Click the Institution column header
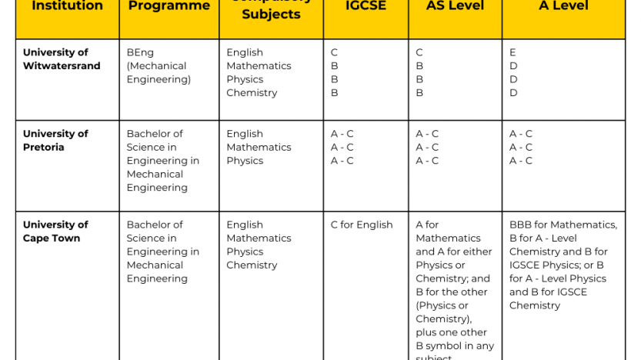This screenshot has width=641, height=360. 67,6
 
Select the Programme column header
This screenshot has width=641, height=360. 169,6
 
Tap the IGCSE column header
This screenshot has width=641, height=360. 366,6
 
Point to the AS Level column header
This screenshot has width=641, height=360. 455,6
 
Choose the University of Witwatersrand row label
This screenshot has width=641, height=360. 62,59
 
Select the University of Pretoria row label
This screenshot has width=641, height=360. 55,140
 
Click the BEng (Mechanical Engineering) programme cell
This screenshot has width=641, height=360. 159,65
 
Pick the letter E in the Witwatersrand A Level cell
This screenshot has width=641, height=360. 513,52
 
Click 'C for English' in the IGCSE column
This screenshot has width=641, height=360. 362,225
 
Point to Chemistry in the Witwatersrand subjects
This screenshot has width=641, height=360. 252,93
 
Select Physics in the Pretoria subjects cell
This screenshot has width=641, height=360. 245,161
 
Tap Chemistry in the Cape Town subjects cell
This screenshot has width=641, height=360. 252,265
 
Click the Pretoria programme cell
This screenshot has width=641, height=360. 162,161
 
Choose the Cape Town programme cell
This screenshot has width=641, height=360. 162,252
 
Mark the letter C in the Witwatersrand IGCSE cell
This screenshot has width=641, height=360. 335,52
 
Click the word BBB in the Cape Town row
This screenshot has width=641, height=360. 521,225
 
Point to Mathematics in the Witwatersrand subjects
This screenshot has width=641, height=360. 259,66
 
